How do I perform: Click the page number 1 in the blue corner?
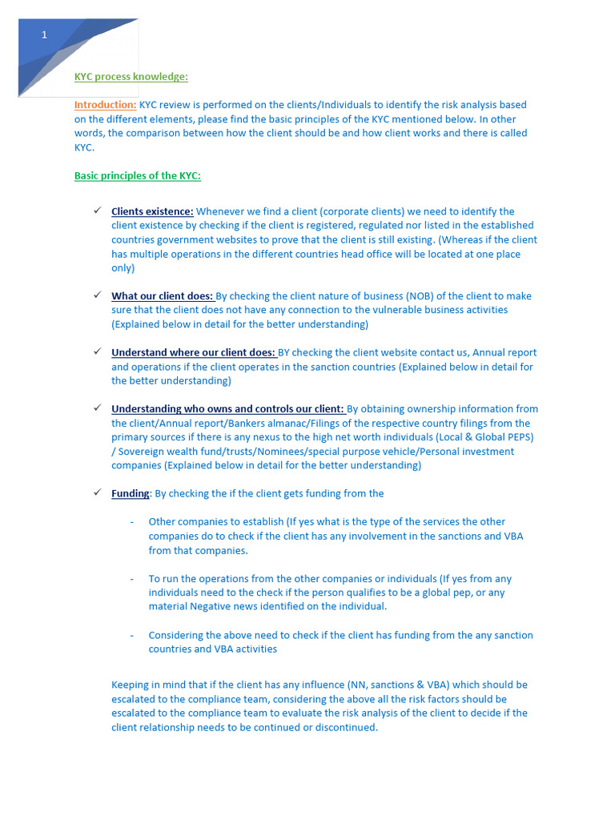pos(45,34)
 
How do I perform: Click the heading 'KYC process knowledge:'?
pos(131,77)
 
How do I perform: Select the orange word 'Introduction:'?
pos(105,105)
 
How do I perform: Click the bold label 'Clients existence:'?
pos(152,211)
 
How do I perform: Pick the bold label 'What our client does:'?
pos(162,296)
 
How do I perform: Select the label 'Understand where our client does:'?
pos(193,352)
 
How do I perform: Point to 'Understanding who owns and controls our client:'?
pos(227,409)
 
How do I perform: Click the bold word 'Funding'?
pos(130,493)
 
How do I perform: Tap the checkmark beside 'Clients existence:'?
pos(96,211)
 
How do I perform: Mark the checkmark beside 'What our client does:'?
pos(96,295)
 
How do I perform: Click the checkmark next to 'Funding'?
pos(96,492)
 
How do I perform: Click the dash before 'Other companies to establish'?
pos(131,522)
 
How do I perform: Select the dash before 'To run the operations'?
pos(131,579)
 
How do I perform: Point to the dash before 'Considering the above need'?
pos(131,635)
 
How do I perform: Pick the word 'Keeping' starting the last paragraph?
pos(131,685)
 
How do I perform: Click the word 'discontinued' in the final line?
pos(344,728)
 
